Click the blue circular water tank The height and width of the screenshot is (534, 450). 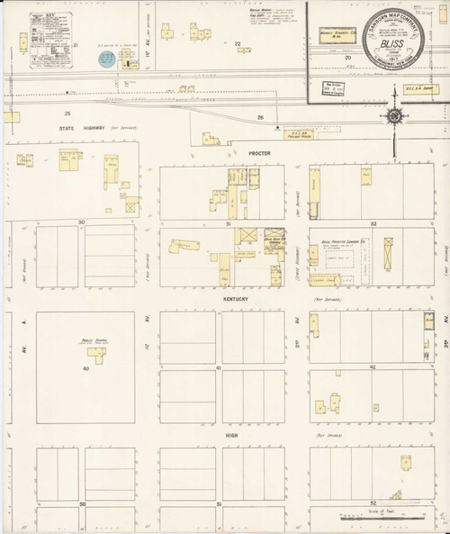(x=105, y=59)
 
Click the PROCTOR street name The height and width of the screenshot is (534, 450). (x=259, y=153)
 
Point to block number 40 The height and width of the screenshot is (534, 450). (x=86, y=368)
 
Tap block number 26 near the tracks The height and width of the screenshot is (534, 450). (x=259, y=117)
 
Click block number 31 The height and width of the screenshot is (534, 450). (x=229, y=222)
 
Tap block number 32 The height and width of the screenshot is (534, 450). (x=373, y=222)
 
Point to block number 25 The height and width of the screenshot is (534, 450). (x=67, y=114)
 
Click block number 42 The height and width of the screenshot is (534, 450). (x=373, y=368)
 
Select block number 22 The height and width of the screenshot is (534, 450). (x=238, y=43)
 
